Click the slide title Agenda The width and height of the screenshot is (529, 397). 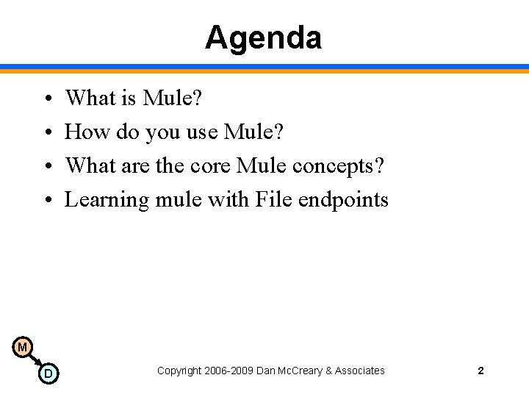263,37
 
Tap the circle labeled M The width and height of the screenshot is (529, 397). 23,346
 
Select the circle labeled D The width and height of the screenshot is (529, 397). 48,373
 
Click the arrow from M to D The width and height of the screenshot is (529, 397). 35,360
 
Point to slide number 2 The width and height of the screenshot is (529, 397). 481,371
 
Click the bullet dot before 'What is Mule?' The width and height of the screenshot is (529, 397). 46,99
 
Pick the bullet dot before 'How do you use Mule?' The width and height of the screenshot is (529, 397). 46,132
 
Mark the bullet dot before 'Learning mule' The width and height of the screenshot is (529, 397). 46,200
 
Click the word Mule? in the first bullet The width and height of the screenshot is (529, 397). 173,98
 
